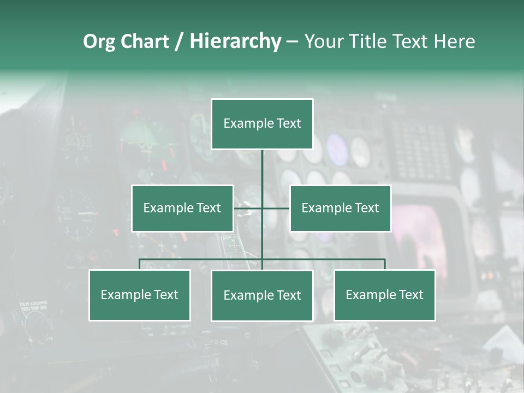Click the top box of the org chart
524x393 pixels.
(262, 124)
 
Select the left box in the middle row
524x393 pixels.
(182, 208)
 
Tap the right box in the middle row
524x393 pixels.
(341, 208)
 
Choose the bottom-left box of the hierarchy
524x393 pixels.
(140, 295)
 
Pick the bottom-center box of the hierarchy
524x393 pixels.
(262, 296)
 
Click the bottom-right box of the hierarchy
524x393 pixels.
(385, 295)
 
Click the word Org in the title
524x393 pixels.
(99, 41)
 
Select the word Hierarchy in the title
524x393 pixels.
(235, 41)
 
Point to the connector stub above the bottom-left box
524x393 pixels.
(140, 264)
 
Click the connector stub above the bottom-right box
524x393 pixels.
(385, 264)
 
